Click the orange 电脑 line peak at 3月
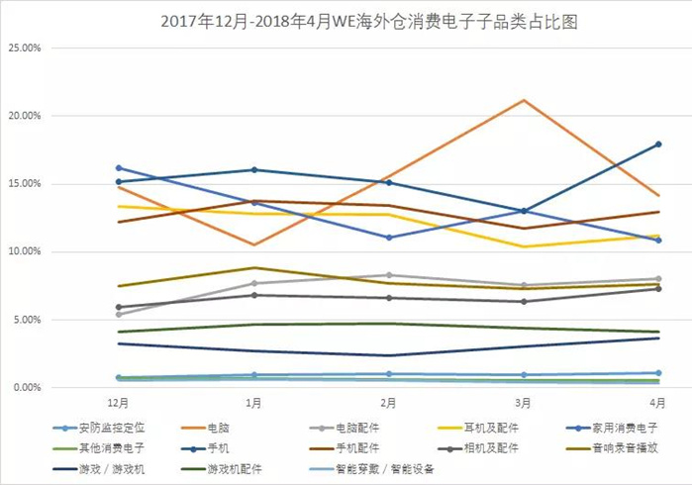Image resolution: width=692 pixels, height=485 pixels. [x=523, y=100]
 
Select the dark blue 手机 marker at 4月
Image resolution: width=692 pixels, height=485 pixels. [x=657, y=145]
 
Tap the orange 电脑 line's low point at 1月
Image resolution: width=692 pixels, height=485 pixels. [x=254, y=244]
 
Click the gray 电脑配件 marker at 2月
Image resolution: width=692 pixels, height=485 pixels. [x=389, y=275]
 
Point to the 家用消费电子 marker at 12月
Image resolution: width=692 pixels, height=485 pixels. [x=119, y=168]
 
